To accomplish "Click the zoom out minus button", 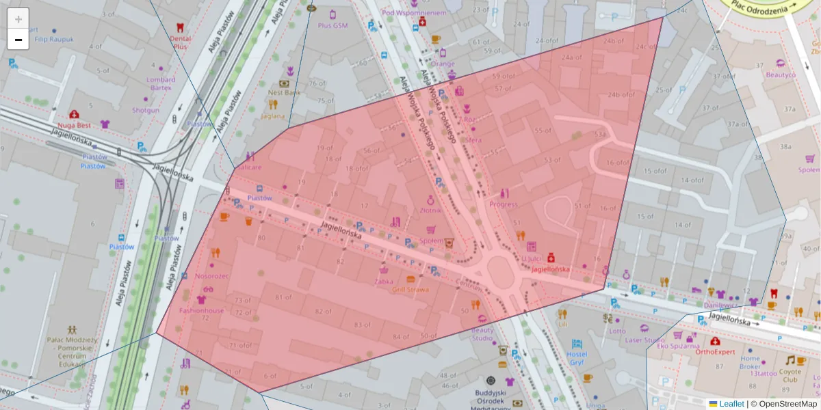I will pos(18,40).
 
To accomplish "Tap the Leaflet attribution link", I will pos(731,404).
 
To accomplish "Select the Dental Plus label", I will pos(180,42).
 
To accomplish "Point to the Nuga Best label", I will pos(75,125).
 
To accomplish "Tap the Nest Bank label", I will pos(284,92).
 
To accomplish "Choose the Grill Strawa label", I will pos(410,289).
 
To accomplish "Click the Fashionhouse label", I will pos(201,310).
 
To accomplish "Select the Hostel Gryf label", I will pos(577,358).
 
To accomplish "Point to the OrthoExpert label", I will pos(715,352).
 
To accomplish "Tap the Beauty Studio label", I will pos(482,334).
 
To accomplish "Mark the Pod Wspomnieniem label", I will pos(415,12).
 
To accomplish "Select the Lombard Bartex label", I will pos(161,83).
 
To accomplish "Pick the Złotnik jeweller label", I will pos(431,210).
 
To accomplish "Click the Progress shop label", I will pos(504,204).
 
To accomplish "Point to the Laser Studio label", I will pos(644,340).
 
